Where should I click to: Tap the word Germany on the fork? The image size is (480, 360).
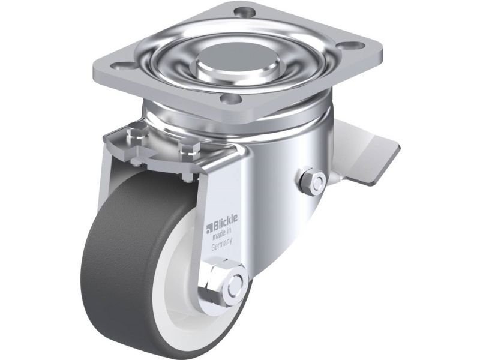221,244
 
